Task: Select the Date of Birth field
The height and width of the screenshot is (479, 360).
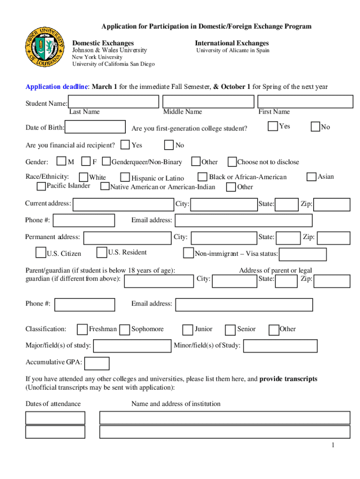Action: click(95, 127)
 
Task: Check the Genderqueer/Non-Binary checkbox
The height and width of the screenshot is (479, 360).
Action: click(106, 162)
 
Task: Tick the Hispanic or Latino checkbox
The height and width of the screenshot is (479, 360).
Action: click(125, 177)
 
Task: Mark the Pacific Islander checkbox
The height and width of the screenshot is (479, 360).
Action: click(42, 187)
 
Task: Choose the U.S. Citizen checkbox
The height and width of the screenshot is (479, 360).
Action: click(41, 253)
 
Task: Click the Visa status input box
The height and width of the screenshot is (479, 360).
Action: click(302, 254)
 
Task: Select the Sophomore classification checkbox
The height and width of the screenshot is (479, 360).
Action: click(124, 330)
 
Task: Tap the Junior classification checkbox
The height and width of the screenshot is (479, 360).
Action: click(188, 330)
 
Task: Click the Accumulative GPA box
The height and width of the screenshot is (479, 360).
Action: click(97, 363)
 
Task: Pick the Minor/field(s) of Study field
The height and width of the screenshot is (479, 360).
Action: click(281, 346)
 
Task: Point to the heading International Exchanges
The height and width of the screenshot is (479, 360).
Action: click(232, 43)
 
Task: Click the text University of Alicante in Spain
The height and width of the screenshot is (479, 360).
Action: click(232, 51)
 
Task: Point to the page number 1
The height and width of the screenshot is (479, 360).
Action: click(333, 445)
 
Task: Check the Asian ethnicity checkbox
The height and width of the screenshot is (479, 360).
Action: click(311, 177)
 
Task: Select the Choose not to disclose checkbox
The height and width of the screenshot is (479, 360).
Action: click(232, 162)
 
